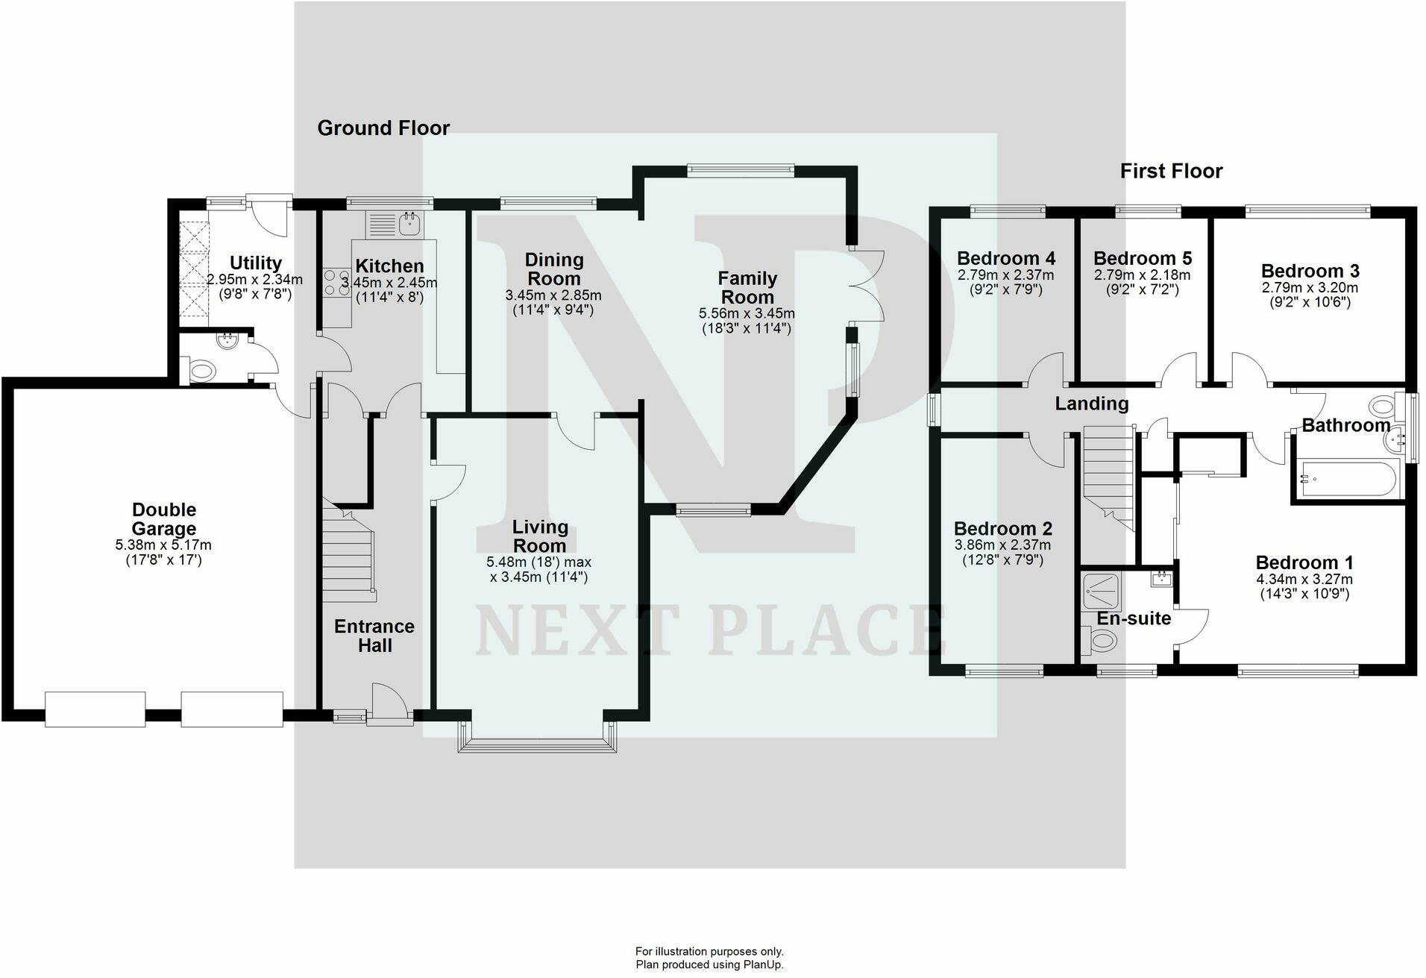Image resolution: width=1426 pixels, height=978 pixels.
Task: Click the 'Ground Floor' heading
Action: tap(383, 128)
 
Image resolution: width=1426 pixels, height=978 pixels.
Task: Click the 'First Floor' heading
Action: tap(1171, 172)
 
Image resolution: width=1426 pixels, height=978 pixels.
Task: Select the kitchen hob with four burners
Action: tap(336, 283)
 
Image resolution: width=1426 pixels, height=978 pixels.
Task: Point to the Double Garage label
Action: tap(163, 518)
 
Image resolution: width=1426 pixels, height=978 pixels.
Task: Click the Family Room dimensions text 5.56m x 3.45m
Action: tap(747, 313)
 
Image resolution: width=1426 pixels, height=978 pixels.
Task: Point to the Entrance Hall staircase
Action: tap(348, 552)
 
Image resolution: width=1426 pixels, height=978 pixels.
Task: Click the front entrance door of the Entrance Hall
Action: tap(390, 705)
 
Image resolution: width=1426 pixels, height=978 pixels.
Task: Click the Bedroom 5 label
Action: tap(1142, 259)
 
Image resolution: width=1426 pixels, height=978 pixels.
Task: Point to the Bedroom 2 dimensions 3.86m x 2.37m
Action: tap(1002, 545)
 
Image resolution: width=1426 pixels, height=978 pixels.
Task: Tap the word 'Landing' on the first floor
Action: tap(1090, 404)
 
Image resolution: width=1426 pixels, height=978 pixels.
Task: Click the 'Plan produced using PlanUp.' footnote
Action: tap(709, 965)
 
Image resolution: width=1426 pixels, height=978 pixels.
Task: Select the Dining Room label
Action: tap(553, 269)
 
